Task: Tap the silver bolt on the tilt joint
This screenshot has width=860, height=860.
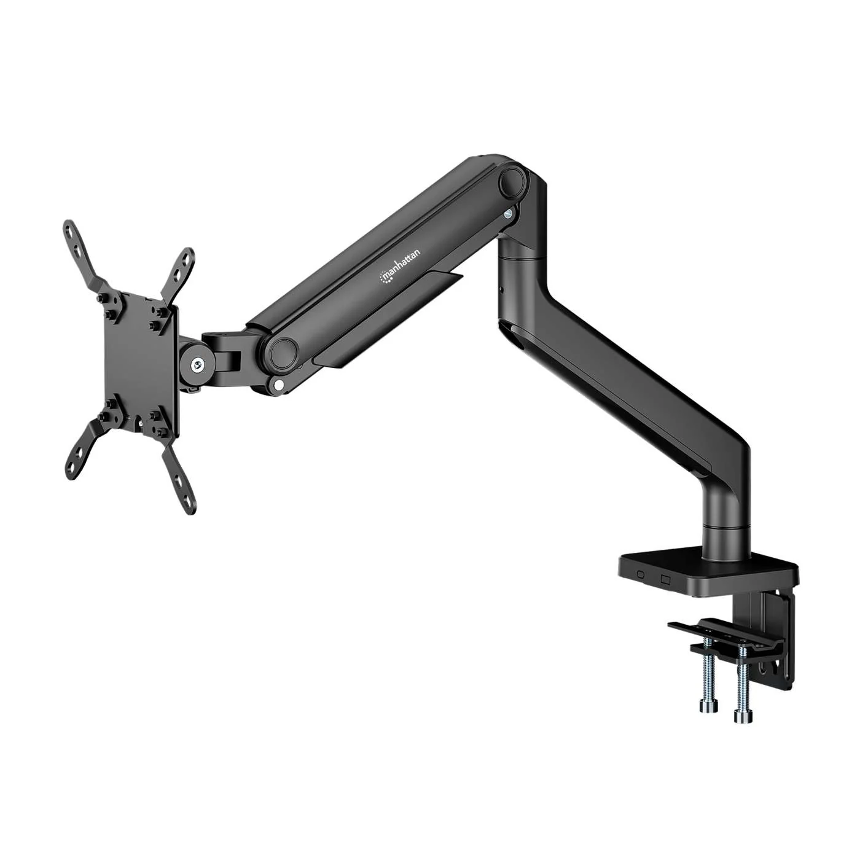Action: [x=197, y=365]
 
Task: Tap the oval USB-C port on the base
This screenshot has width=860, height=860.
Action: [x=641, y=575]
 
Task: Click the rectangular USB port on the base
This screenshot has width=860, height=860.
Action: [x=665, y=578]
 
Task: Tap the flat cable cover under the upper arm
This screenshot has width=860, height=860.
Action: [x=393, y=319]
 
